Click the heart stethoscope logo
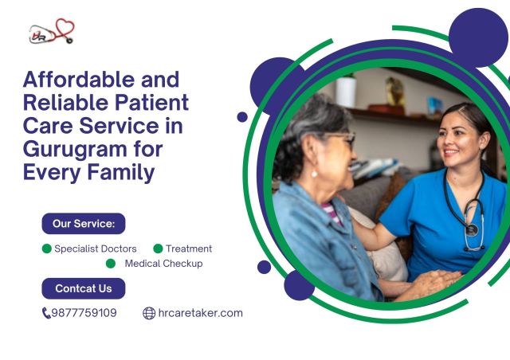(52, 33)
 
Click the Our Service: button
(84, 224)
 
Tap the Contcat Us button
(84, 288)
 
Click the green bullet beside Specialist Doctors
(47, 249)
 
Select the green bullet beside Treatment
(158, 249)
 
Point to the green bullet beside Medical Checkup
(111, 264)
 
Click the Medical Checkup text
(163, 264)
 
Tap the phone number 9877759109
(84, 313)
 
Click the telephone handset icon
(46, 313)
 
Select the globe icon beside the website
(149, 313)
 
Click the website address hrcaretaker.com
(200, 313)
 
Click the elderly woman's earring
(314, 172)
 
